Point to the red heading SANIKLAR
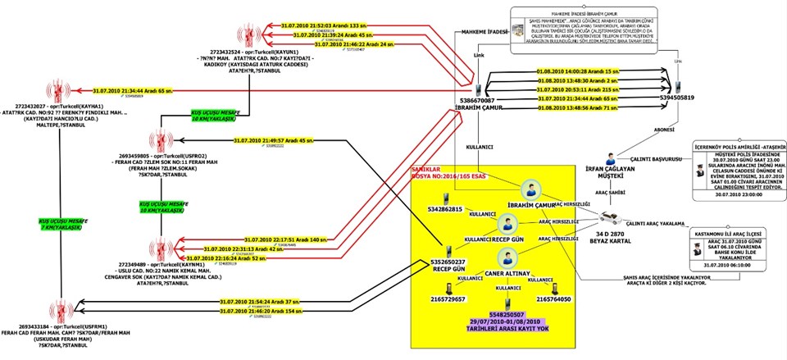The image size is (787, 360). click(426, 167)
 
